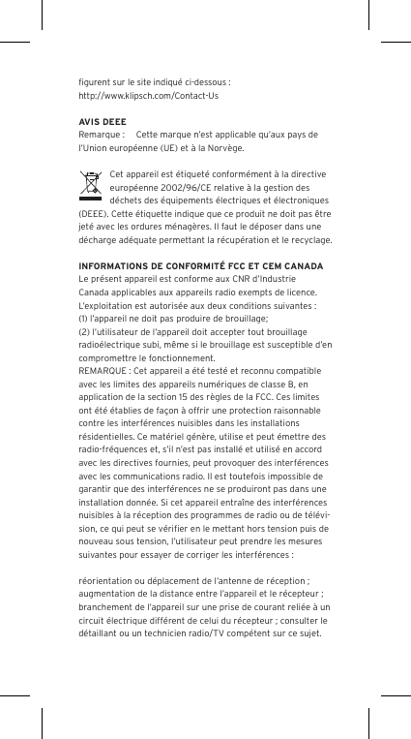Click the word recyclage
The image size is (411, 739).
point(309,239)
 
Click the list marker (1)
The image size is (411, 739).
point(84,317)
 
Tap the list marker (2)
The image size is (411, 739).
point(84,330)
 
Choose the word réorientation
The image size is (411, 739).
point(107,579)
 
